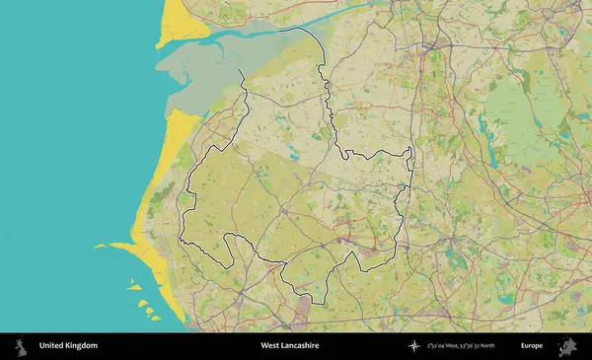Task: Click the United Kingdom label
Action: coord(68,346)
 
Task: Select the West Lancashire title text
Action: coord(289,346)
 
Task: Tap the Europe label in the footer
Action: coord(532,346)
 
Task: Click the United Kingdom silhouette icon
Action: coord(20,346)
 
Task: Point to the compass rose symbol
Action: coord(413,346)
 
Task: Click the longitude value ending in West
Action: coord(445,346)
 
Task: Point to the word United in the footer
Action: coord(49,346)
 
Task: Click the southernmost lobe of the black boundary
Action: coord(314,299)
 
